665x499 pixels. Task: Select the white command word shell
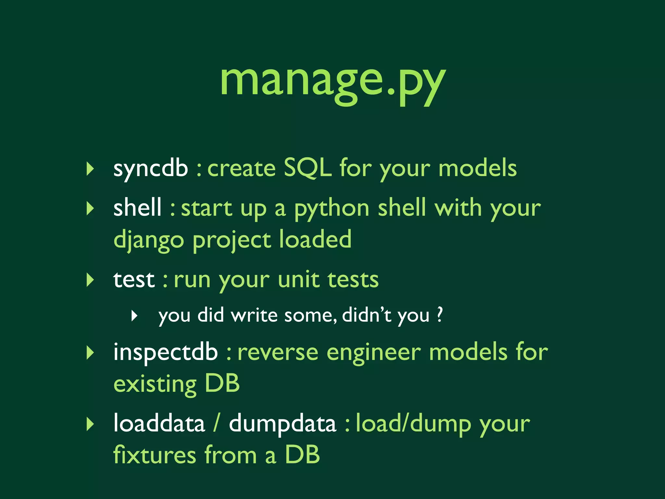tap(137, 208)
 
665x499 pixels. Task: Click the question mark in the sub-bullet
tap(439, 314)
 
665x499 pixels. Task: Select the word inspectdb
tap(165, 352)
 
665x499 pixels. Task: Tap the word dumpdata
tap(282, 424)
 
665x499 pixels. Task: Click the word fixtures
tap(155, 455)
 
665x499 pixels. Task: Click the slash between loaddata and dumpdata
tap(216, 423)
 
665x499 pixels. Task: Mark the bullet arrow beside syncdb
tap(90, 169)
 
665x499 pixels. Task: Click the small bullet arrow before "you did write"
tap(134, 315)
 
